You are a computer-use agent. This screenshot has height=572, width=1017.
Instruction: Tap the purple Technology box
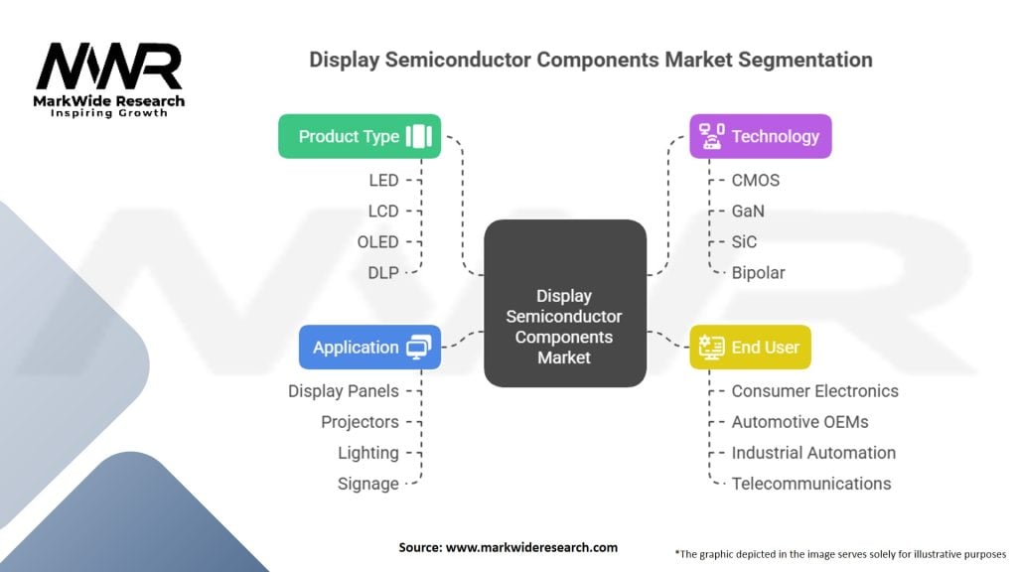[x=761, y=137]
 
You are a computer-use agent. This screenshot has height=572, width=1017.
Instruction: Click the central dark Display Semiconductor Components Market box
[x=564, y=304]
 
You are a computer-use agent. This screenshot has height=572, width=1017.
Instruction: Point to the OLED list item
[x=377, y=241]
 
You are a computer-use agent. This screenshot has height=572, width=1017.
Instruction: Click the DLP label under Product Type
[x=382, y=272]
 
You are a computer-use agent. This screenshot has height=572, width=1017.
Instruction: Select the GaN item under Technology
[x=748, y=211]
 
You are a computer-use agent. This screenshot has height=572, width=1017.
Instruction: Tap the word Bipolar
[x=760, y=272]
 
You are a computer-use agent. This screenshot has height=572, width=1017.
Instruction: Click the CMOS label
[x=756, y=180]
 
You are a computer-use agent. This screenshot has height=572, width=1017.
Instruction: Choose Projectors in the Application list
[x=360, y=422]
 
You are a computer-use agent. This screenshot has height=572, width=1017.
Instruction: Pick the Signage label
[x=367, y=484]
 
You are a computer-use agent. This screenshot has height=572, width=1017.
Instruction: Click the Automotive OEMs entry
[x=799, y=422]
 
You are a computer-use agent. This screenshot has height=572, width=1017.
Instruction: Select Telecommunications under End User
[x=811, y=484]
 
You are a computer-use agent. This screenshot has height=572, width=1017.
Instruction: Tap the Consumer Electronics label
[x=814, y=391]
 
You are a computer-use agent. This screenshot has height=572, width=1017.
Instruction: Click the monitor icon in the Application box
[x=419, y=348]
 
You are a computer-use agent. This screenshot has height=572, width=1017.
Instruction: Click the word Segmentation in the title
[x=802, y=60]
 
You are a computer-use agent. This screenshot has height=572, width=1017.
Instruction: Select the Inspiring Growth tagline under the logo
[x=109, y=113]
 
